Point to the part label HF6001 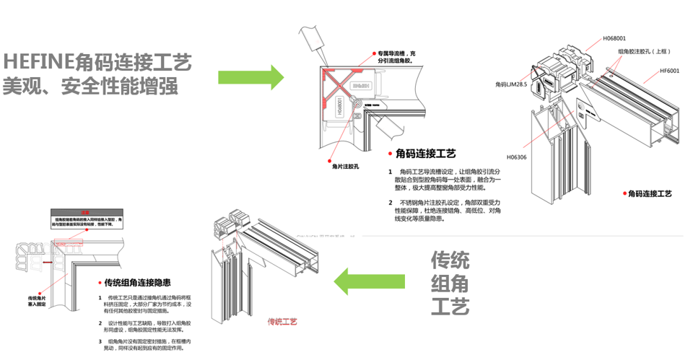click(669, 71)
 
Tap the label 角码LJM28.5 click(511, 84)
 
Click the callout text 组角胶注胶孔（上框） click(645, 52)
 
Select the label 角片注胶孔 click(346, 166)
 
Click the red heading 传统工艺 click(282, 321)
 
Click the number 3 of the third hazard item click(100, 341)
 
